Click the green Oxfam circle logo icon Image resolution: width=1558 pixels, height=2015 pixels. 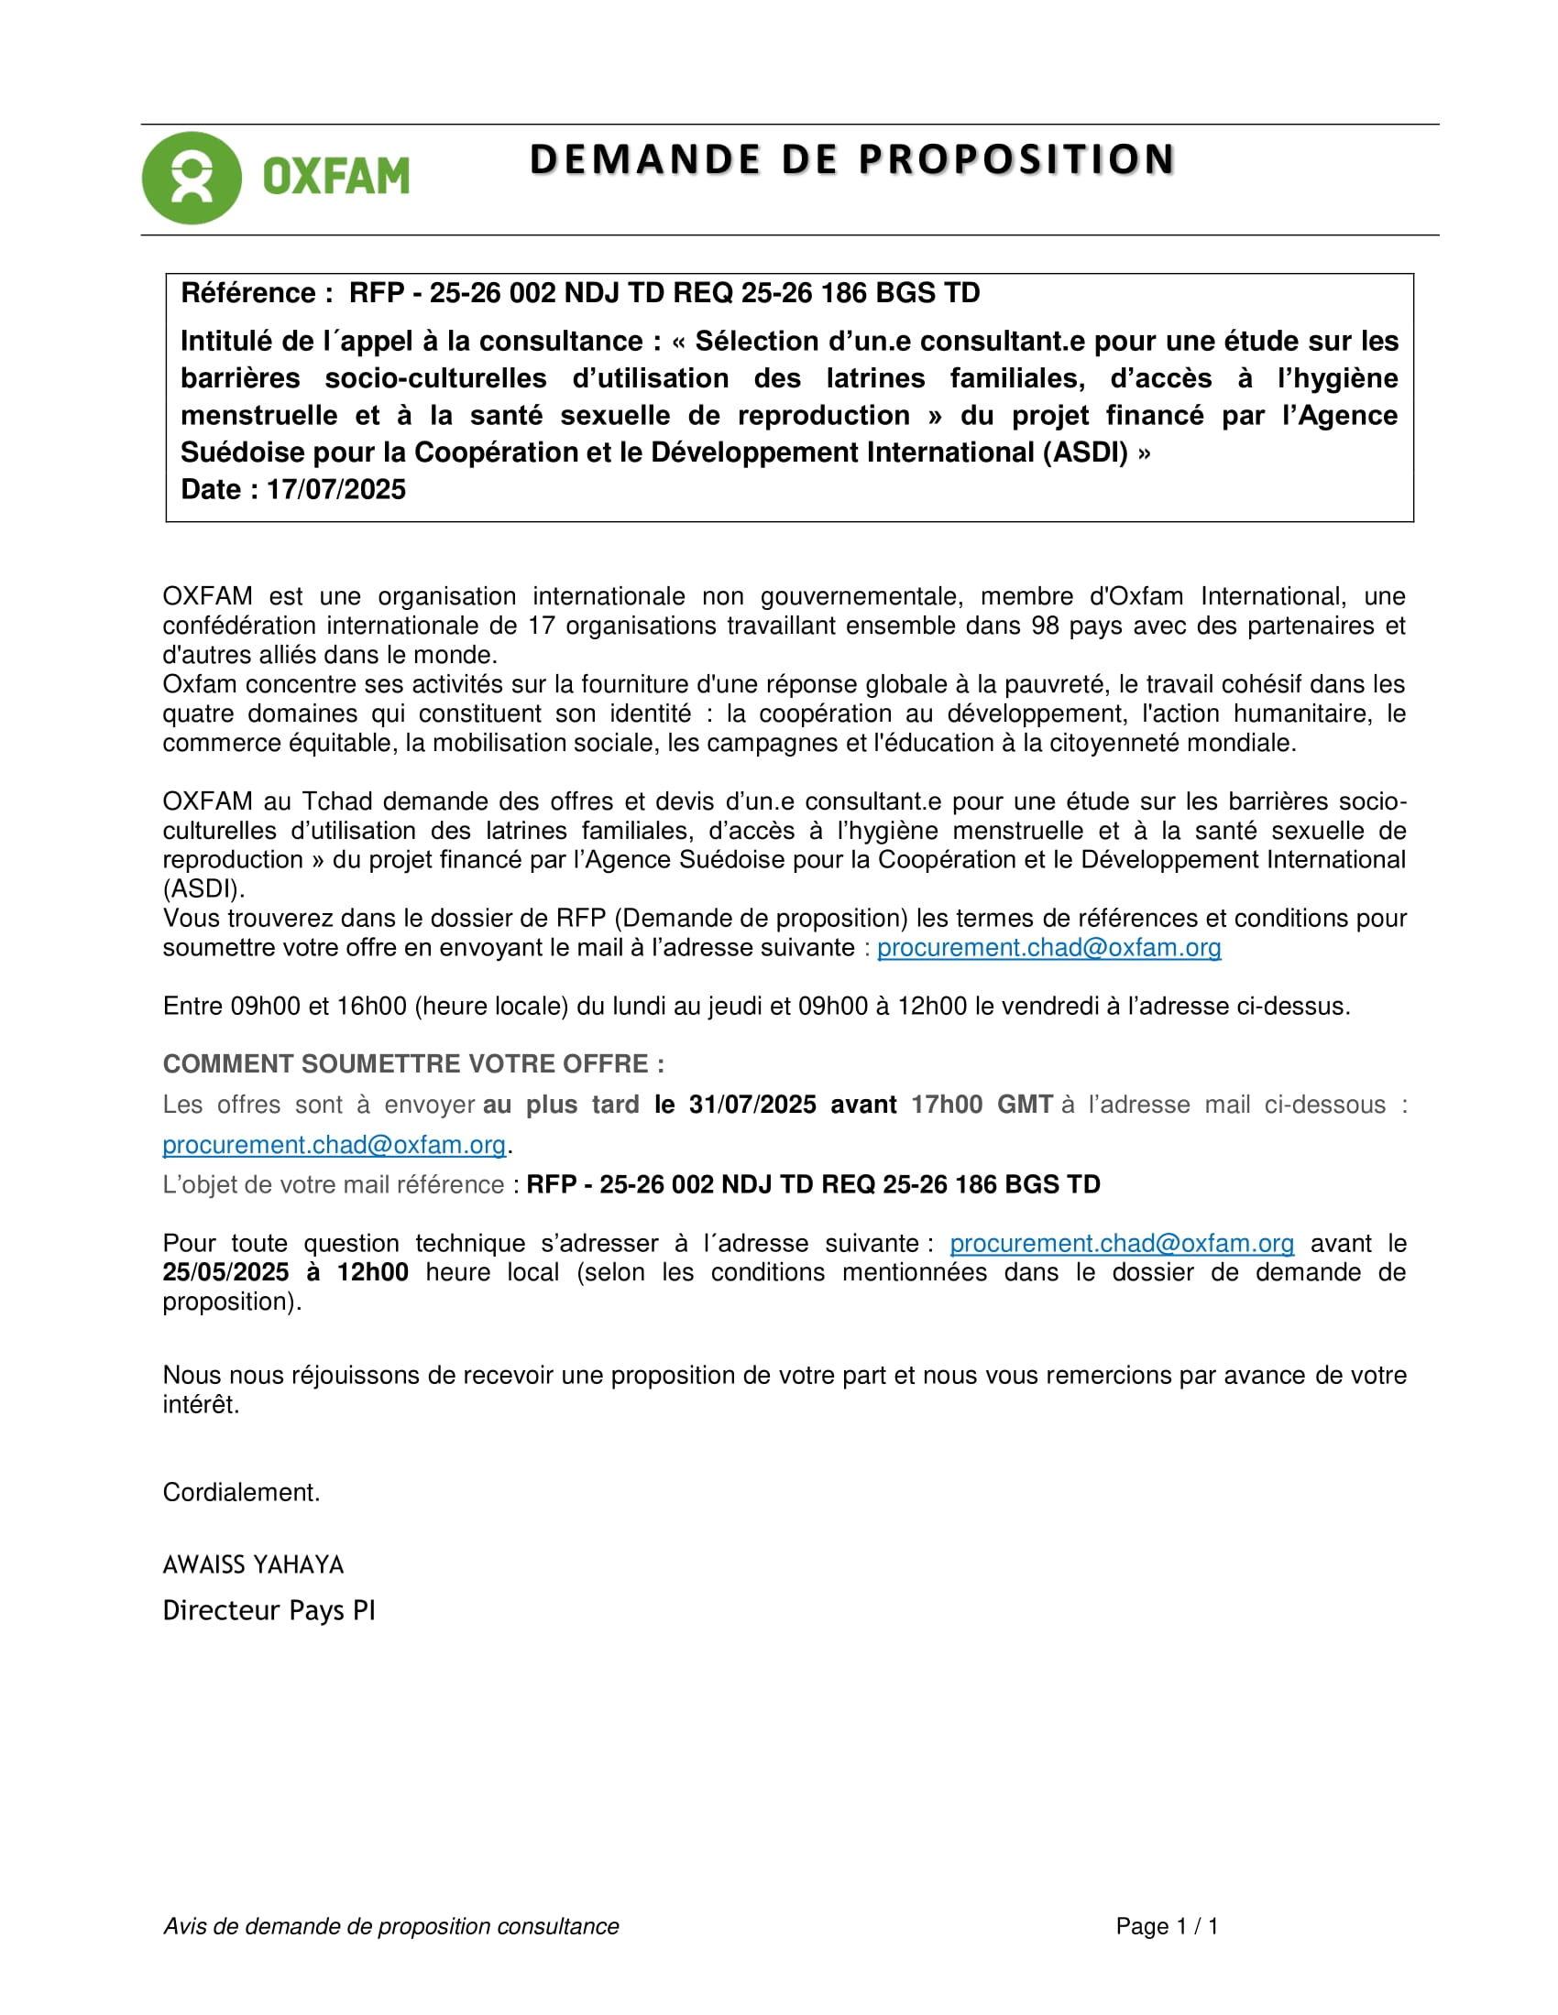pyautogui.click(x=191, y=178)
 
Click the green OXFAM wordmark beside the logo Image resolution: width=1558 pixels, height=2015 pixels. pyautogui.click(x=336, y=176)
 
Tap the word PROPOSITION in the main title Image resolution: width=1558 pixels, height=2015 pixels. pyautogui.click(x=1016, y=159)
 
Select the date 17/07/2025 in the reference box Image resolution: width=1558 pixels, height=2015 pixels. pyautogui.click(x=336, y=489)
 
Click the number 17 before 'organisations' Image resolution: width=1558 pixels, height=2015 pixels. pyautogui.click(x=542, y=626)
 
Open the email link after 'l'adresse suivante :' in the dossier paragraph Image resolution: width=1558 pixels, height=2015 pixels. pyautogui.click(x=1048, y=948)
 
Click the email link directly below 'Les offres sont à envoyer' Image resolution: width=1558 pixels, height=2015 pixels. pyautogui.click(x=335, y=1145)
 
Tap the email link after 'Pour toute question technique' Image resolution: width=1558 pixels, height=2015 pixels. pyautogui.click(x=1122, y=1243)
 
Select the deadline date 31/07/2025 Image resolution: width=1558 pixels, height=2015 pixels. pyautogui.click(x=752, y=1105)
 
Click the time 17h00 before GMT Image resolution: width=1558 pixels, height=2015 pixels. pyautogui.click(x=946, y=1105)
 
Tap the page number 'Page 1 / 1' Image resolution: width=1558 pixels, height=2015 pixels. pyautogui.click(x=1167, y=1925)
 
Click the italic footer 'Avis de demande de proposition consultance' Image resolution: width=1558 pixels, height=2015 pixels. pyautogui.click(x=390, y=1925)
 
